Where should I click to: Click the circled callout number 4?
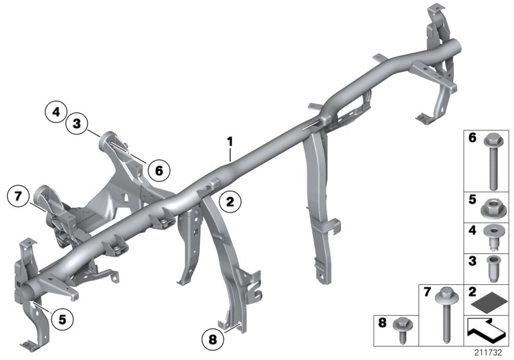click(x=57, y=112)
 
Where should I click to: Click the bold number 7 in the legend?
click(x=426, y=292)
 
